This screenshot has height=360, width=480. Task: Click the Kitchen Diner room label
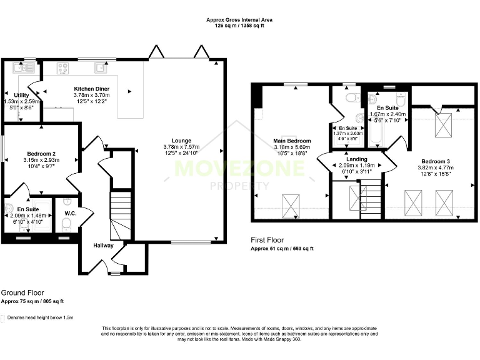pyautogui.click(x=92, y=89)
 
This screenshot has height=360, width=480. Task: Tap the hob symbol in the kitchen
pyautogui.click(x=63, y=67)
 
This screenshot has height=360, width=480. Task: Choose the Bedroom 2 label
pyautogui.click(x=42, y=153)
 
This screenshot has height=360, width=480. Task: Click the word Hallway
pyautogui.click(x=104, y=246)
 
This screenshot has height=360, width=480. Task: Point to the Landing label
pyautogui.click(x=357, y=159)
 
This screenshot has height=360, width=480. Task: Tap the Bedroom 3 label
pyautogui.click(x=433, y=161)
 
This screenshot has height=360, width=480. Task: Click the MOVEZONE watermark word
pyautogui.click(x=239, y=169)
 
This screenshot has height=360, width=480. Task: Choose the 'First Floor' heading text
pyautogui.click(x=267, y=240)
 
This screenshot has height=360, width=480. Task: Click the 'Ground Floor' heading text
pyautogui.click(x=22, y=292)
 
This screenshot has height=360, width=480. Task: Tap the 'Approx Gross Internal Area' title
pyautogui.click(x=239, y=20)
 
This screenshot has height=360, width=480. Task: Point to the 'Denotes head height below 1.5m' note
pyautogui.click(x=40, y=317)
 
